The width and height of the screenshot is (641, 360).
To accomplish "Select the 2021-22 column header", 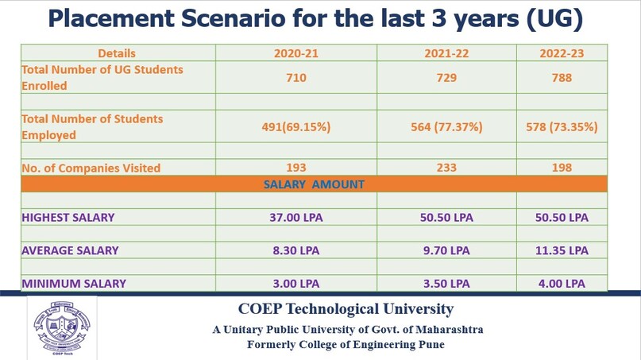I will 446,53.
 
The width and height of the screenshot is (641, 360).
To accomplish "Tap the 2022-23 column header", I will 562,53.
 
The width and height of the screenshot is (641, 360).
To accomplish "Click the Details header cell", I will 117,53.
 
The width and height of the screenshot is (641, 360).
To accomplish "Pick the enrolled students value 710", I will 295,78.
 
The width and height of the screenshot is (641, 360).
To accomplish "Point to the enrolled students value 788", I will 562,78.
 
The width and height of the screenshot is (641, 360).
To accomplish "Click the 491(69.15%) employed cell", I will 295,127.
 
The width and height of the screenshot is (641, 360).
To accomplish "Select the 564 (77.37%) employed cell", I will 446,127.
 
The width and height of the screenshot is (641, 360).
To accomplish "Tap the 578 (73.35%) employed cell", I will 562,127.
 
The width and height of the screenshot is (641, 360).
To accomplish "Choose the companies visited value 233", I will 446,168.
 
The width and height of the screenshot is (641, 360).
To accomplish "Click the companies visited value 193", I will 295,168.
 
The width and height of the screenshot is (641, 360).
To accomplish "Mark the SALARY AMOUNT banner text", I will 314,184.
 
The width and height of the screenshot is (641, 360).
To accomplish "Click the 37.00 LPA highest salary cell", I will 295,217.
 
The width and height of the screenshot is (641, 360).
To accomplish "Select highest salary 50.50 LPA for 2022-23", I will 562,217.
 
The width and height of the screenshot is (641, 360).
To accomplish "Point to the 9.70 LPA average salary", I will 446,250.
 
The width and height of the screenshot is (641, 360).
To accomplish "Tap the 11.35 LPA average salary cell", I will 562,250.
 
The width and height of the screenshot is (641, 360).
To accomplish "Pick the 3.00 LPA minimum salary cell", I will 295,283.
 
